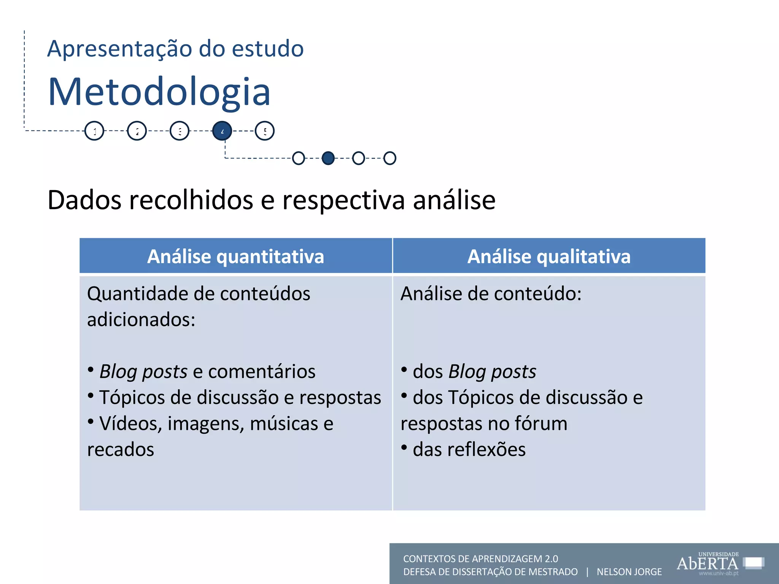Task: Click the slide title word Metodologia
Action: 159,92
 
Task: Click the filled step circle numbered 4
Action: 222,131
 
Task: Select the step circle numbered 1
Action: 94,131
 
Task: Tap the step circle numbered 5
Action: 265,131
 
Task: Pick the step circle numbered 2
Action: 137,131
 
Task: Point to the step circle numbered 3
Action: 180,131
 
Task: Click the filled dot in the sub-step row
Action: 328,158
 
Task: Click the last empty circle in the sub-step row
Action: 390,158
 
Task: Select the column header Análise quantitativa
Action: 235,256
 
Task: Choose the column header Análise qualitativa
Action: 549,256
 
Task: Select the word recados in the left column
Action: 121,450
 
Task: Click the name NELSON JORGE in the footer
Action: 629,572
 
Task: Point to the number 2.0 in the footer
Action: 551,559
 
